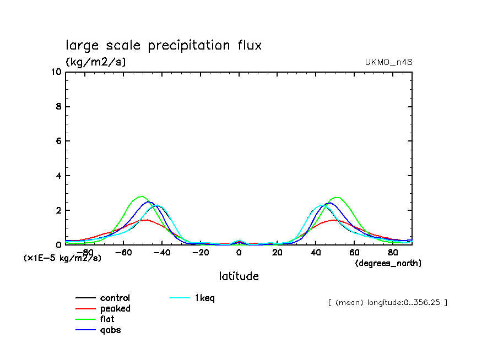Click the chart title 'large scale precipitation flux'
pos(164,45)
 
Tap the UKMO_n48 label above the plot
pos(388,62)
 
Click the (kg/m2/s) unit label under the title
pos(96,62)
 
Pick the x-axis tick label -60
pos(124,253)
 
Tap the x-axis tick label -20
pos(201,253)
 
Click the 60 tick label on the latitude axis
pos(354,253)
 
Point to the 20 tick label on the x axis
pos(277,253)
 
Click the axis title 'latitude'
pos(239,276)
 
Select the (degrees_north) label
pos(388,263)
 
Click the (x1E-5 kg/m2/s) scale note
pos(62,258)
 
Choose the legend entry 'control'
pos(115,298)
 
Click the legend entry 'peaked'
pos(115,309)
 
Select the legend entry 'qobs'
pos(110,330)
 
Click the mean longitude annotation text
pos(387,302)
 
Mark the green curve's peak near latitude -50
pos(142,196)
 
